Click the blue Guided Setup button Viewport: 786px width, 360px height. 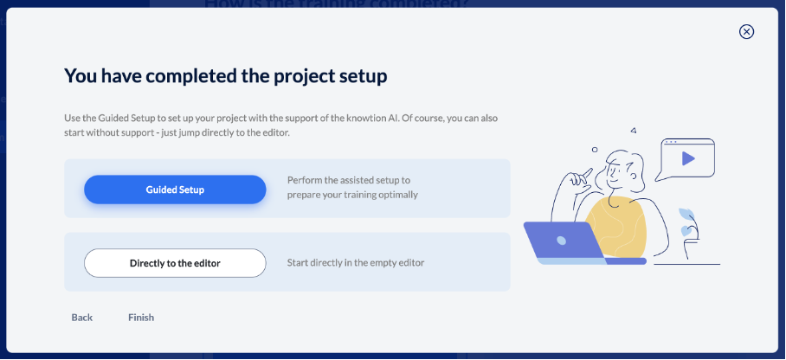click(175, 190)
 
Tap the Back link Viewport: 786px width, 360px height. click(81, 318)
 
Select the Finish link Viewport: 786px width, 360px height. click(141, 318)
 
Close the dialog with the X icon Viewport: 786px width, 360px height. click(746, 32)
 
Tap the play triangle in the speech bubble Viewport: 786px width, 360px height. click(687, 159)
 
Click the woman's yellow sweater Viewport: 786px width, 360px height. click(616, 227)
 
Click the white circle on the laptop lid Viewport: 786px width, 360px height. click(562, 241)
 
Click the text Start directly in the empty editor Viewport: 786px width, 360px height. click(356, 262)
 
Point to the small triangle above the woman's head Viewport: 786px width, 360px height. click(634, 131)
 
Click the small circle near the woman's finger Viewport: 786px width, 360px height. click(595, 150)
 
